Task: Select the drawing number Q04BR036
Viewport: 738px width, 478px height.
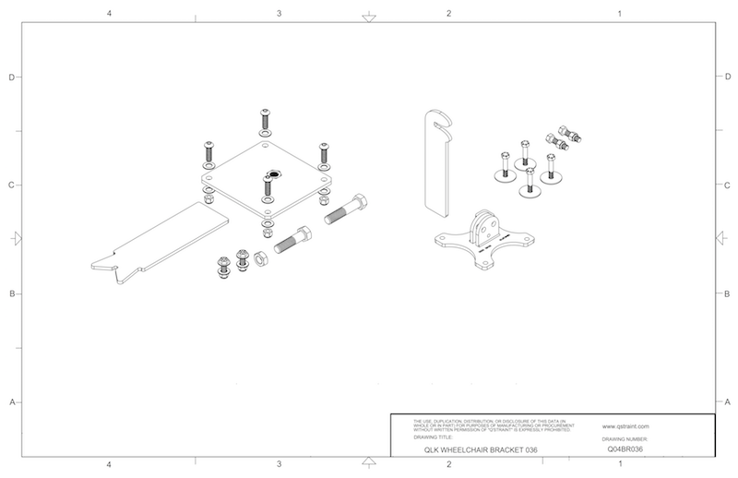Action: (625, 449)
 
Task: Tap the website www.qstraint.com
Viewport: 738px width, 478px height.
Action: (626, 426)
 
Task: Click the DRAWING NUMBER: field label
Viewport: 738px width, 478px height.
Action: (626, 439)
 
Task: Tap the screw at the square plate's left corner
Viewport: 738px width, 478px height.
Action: (209, 148)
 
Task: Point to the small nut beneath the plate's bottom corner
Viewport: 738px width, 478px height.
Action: (267, 225)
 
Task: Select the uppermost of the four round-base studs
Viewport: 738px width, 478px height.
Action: (525, 150)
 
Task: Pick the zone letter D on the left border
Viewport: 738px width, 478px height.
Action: (11, 78)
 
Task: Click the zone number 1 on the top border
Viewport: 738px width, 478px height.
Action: (619, 14)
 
